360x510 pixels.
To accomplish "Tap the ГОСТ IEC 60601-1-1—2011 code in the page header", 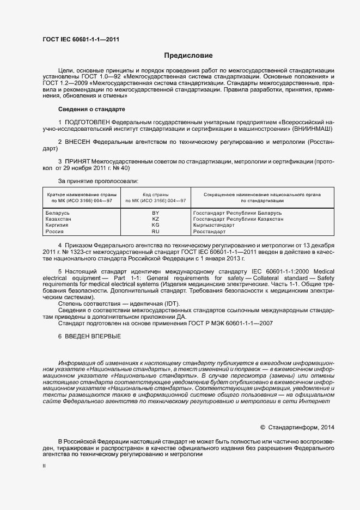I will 81,40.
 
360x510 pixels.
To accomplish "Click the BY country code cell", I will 155,212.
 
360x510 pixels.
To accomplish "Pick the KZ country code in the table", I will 155,218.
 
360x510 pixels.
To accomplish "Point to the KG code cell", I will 155,225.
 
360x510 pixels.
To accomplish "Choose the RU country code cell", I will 155,232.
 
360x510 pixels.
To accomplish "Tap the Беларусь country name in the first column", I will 58,212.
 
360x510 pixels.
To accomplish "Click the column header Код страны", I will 155,195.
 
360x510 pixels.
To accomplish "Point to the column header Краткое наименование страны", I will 79,195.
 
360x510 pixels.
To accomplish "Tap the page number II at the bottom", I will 44,467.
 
